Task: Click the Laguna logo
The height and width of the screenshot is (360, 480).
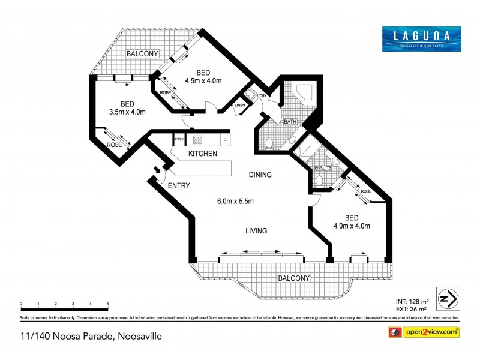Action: coord(422,38)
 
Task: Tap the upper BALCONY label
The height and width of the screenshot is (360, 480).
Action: coord(142,54)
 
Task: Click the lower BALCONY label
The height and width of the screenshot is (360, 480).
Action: coord(294,278)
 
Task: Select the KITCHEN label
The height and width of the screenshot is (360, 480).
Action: coord(202,154)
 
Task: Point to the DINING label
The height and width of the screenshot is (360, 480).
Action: coord(260,175)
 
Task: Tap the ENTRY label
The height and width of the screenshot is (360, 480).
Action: coord(179,185)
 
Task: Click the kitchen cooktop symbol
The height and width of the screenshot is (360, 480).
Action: coord(197,140)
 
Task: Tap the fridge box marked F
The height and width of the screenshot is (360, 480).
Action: coord(224,140)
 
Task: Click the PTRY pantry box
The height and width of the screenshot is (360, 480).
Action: coord(179,140)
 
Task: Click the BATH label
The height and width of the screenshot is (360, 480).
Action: coord(290,122)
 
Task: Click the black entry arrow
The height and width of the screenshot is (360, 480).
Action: coord(157,169)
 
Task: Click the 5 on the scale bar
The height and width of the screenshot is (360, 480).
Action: coord(108,304)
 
